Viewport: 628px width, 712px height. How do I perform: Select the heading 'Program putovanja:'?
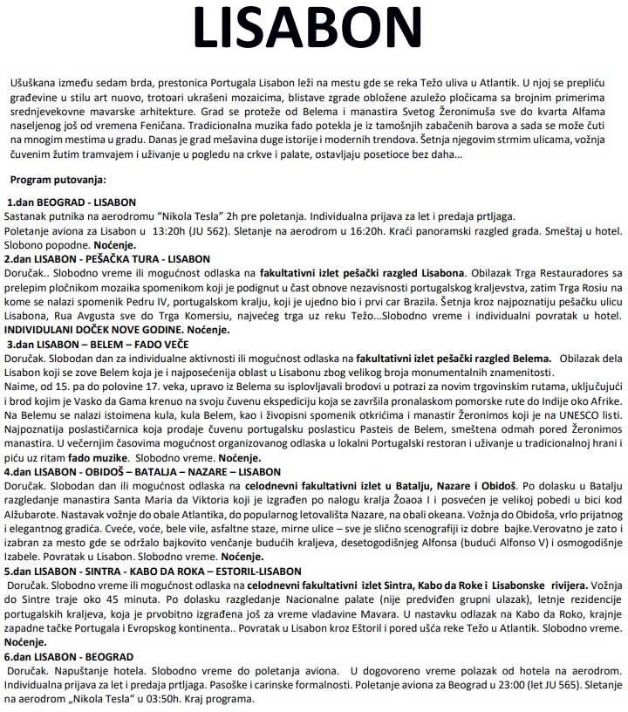pyautogui.click(x=58, y=179)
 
